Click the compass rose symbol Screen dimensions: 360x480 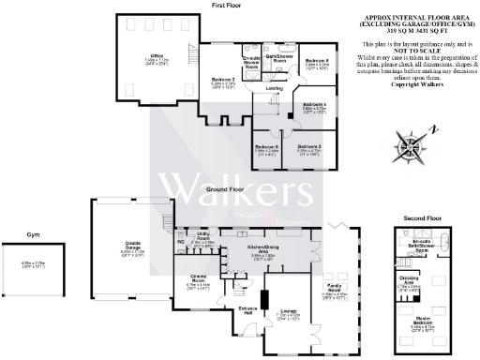click(x=412, y=145)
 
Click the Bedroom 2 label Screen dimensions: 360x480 click(x=222, y=81)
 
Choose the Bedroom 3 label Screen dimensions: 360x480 click(x=309, y=147)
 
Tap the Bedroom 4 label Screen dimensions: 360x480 click(x=314, y=104)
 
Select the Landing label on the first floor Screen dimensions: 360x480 click(x=274, y=88)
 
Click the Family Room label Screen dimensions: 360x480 click(x=333, y=290)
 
